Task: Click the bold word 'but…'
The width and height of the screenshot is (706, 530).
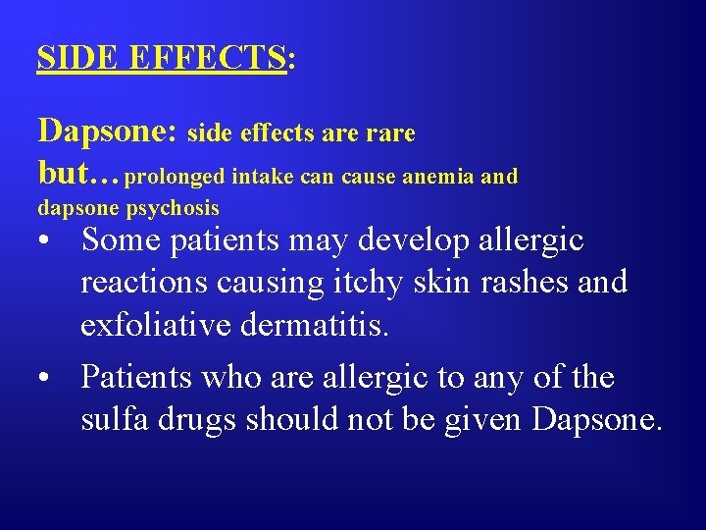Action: [78, 175]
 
